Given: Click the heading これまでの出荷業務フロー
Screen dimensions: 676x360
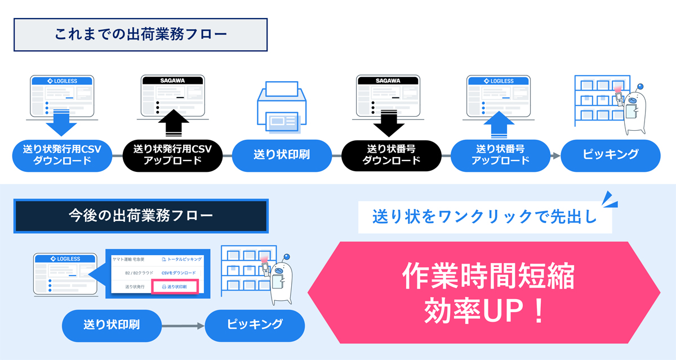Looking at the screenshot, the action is click(x=140, y=35).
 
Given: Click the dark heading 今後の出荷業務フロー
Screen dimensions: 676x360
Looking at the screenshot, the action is click(x=141, y=216).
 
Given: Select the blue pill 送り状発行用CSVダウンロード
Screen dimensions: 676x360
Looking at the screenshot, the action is click(x=62, y=155).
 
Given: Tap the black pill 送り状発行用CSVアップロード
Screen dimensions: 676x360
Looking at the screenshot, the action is click(x=172, y=155).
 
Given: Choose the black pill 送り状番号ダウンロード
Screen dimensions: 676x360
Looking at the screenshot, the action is click(x=392, y=155).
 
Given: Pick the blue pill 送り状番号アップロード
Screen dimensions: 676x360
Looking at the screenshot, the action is click(x=500, y=155).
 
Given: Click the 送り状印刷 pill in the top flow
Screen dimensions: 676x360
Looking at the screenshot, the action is click(x=282, y=155).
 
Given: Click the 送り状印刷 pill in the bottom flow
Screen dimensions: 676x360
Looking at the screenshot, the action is click(x=112, y=326).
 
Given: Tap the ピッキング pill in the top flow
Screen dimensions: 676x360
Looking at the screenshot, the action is click(x=611, y=155).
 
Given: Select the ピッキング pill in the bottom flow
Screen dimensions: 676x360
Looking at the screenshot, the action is click(x=255, y=326).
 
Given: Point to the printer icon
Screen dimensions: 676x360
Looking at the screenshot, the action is click(x=282, y=107).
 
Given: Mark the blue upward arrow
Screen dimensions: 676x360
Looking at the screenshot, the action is click(x=499, y=125).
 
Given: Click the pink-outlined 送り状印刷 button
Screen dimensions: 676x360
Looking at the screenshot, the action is click(x=175, y=287).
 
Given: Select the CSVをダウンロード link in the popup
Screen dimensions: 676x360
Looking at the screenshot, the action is click(x=179, y=273).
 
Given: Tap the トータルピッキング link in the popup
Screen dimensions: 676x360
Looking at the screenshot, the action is click(x=182, y=259).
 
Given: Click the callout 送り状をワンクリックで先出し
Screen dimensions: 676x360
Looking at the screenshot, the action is click(x=485, y=217).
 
